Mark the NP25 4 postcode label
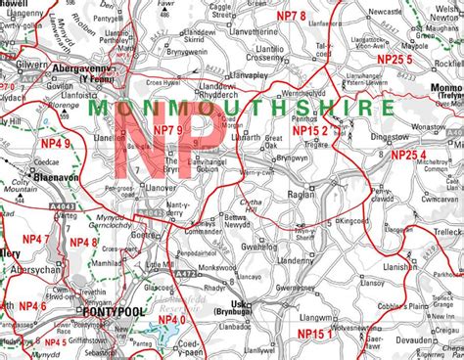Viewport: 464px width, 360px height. (x=408, y=154)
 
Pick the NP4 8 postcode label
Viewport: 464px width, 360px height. (x=82, y=241)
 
